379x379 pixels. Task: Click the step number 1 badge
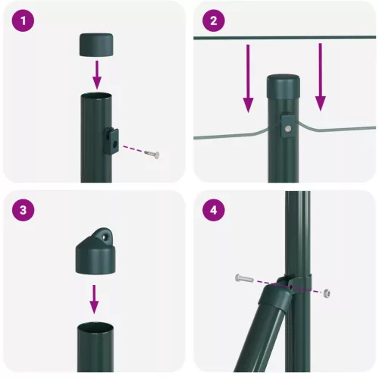[27, 22]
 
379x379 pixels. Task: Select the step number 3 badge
[27, 211]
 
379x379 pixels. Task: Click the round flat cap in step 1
[96, 45]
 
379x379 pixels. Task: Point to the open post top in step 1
[96, 96]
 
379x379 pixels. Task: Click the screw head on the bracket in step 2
[288, 129]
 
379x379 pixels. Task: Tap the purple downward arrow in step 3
[95, 299]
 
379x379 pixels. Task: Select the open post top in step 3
[96, 327]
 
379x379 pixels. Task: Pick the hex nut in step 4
[326, 293]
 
